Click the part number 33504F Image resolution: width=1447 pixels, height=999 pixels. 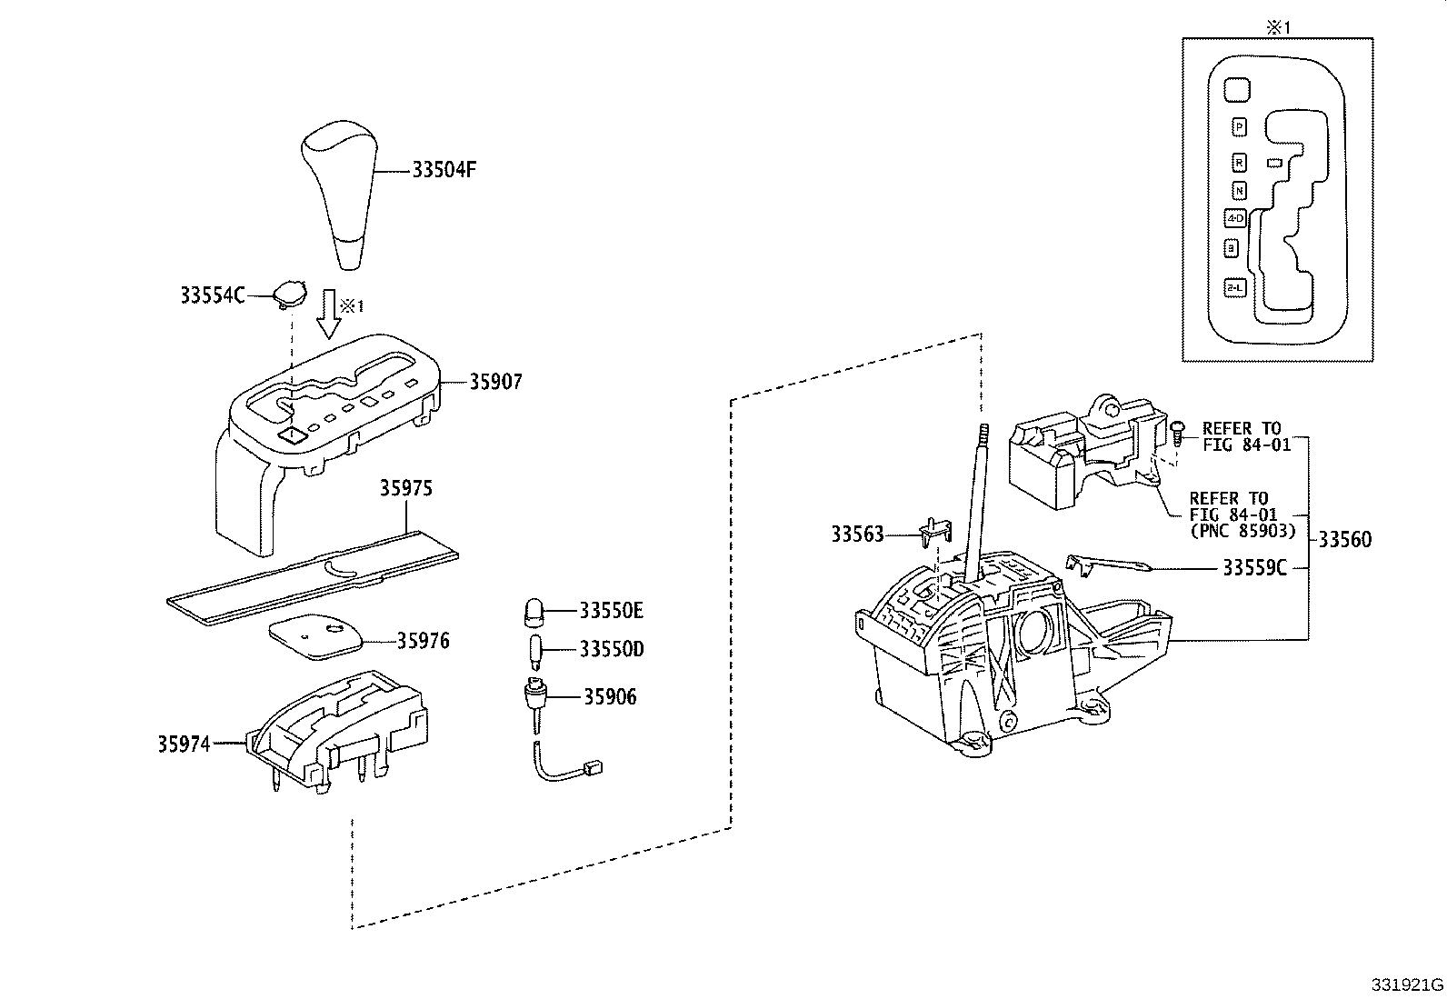click(x=444, y=170)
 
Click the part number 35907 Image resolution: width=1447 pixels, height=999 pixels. click(x=495, y=382)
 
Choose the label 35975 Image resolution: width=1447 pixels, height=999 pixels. click(x=405, y=489)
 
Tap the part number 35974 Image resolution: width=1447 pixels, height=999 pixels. click(x=184, y=744)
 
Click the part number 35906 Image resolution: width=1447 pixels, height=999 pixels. click(x=610, y=697)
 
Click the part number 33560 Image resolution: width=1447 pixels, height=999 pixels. click(x=1344, y=540)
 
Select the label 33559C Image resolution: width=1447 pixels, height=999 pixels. click(x=1254, y=568)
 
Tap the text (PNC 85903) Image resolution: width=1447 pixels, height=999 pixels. click(x=1242, y=531)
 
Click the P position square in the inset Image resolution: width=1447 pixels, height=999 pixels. click(x=1239, y=126)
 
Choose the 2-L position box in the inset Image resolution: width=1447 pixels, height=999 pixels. click(x=1234, y=287)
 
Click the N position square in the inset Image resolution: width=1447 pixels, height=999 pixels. click(x=1239, y=191)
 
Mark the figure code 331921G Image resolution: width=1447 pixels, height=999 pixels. click(x=1407, y=985)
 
